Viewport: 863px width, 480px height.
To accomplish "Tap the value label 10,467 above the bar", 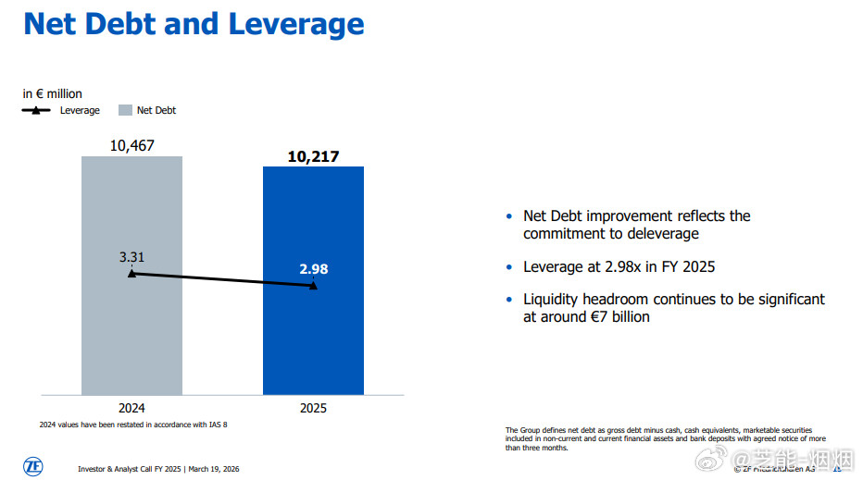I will [x=131, y=145].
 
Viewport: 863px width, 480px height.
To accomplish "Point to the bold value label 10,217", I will [x=313, y=156].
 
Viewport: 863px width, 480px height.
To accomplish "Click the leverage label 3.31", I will [x=131, y=256].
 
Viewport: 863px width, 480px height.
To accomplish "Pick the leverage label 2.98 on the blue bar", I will [x=313, y=269].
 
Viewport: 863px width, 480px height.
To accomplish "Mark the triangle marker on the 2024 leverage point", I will [x=131, y=274].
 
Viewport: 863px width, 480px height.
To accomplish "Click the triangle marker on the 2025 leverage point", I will [x=313, y=286].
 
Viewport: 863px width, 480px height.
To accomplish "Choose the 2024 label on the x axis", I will [x=131, y=408].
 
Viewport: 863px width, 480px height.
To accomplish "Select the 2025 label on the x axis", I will [x=313, y=408].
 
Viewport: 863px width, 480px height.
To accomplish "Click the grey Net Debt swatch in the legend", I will [x=125, y=111].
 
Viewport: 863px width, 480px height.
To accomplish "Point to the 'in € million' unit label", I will [x=53, y=93].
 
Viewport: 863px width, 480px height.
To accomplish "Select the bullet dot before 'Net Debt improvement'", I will [x=508, y=216].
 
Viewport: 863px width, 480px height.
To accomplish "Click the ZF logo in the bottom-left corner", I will [x=32, y=466].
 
